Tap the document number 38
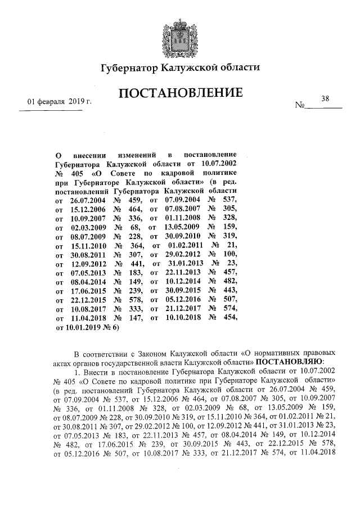(325, 98)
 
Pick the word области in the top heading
(237, 69)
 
